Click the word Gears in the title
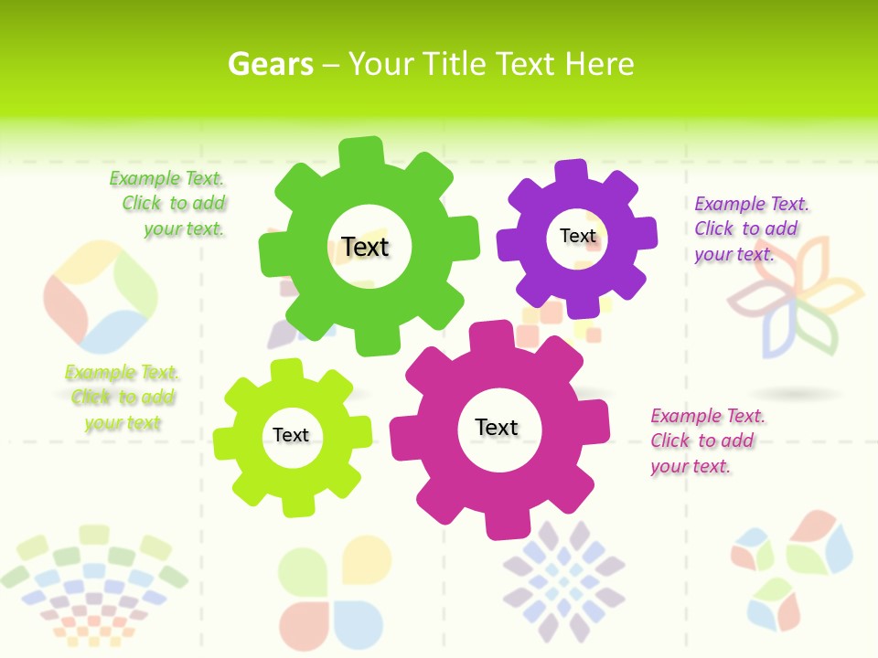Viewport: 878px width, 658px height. coord(270,64)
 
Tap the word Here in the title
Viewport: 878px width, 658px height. coord(599,64)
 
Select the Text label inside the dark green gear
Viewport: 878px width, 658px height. coord(365,247)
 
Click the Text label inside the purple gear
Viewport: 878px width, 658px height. coord(577,236)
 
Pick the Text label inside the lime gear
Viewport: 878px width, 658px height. coord(291,435)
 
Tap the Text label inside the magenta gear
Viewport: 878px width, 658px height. coord(497,427)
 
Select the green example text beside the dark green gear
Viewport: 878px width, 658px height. coord(169,204)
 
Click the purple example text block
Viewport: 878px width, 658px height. coord(750,228)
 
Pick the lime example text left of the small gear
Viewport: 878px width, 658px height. coord(122,398)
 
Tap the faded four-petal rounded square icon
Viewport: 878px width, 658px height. coord(101,297)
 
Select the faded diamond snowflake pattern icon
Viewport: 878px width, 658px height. coord(563,580)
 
